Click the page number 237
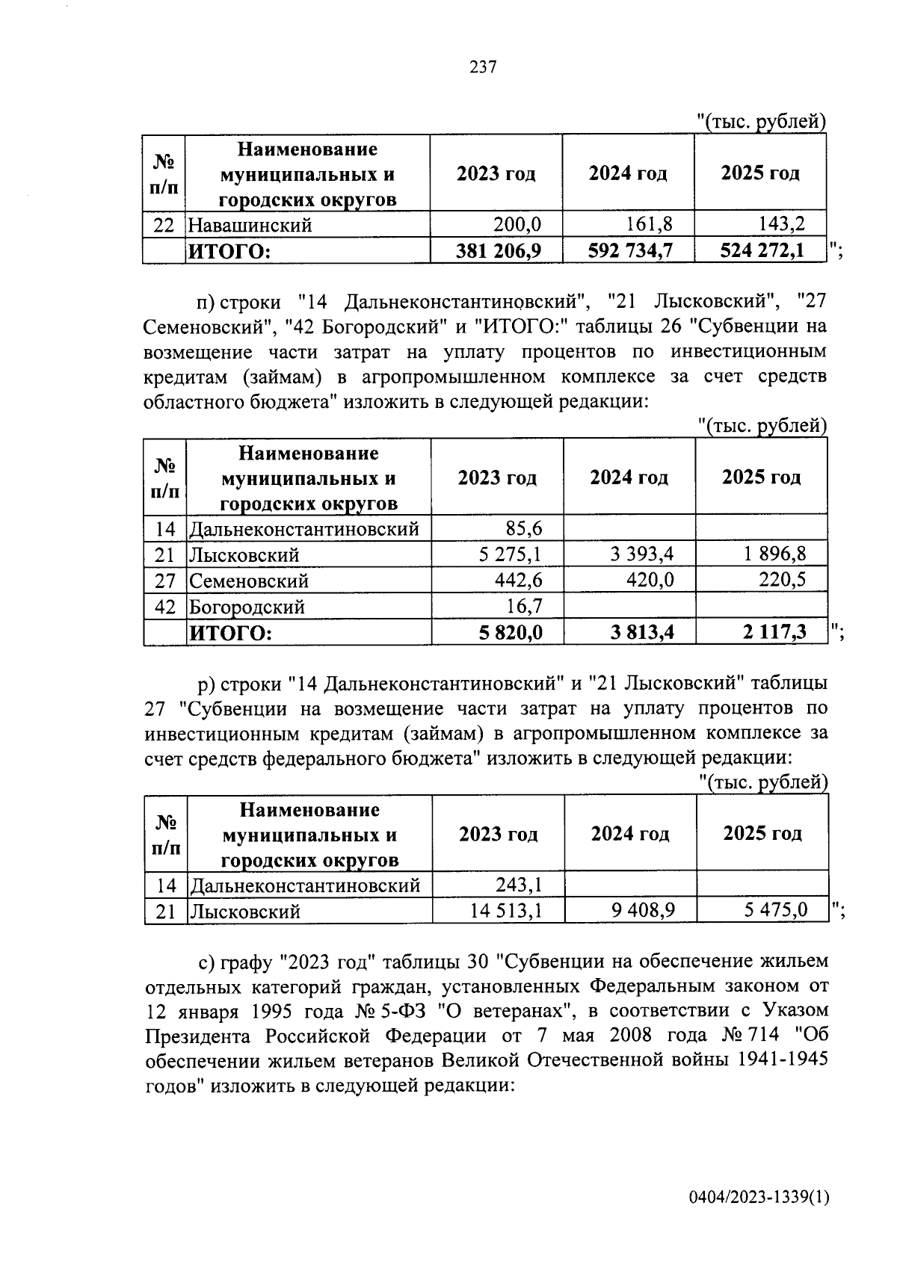483,67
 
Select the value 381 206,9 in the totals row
499,251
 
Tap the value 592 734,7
631,251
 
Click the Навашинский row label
250,225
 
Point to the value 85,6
523,529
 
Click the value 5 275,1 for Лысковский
511,554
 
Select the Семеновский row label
248,581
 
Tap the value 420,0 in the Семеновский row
650,580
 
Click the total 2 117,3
774,633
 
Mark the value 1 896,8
774,554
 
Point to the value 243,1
519,885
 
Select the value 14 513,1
505,911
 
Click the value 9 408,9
643,911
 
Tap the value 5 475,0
776,911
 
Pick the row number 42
164,607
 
